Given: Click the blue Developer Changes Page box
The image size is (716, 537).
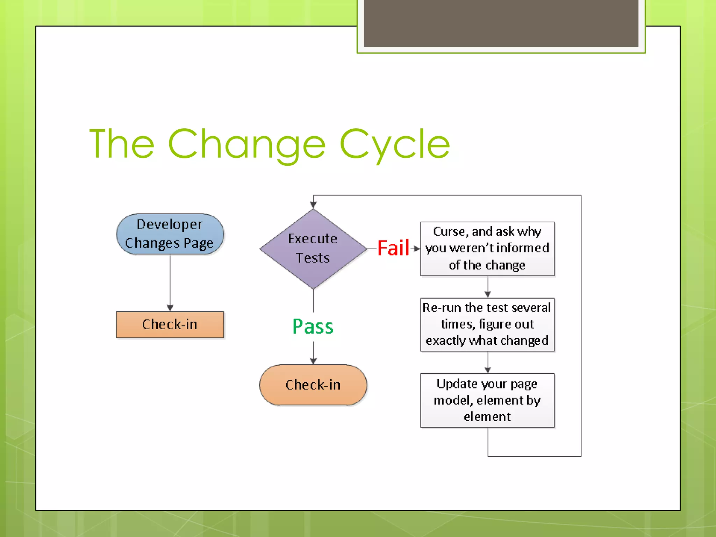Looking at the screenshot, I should [170, 234].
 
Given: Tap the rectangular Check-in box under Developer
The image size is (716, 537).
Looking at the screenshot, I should [170, 324].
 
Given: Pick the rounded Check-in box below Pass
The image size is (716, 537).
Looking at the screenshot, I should [313, 385].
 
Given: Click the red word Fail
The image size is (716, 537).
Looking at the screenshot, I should [393, 248].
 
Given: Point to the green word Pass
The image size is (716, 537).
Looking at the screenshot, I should [313, 327].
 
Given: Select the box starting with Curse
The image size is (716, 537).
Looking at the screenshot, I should [487, 249].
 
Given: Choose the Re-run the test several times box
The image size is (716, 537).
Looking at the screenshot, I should [487, 324].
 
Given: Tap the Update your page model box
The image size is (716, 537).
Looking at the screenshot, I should [487, 400].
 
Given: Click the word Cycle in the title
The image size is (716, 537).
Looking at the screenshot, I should [395, 144].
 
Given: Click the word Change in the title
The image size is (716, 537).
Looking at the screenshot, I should [246, 144].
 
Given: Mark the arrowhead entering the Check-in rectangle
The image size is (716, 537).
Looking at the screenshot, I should [170, 308].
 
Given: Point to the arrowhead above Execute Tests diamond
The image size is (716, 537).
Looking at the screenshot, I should [313, 205].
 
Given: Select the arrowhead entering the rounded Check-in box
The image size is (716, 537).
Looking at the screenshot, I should [313, 361].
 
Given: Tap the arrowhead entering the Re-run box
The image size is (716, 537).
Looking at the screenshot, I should [488, 294].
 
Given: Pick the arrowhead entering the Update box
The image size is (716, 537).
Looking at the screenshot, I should [488, 370].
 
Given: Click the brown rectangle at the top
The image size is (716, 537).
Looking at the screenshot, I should [501, 23].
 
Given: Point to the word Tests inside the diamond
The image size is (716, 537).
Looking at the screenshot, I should [313, 258].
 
